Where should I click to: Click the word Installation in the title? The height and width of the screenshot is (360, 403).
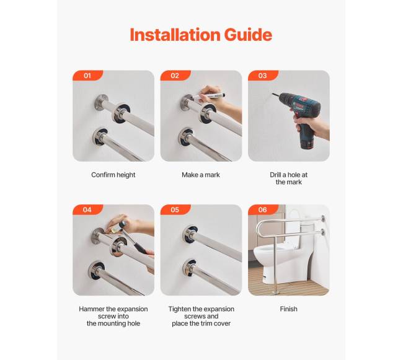pos(175,35)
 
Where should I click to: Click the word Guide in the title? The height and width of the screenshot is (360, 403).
pos(248,35)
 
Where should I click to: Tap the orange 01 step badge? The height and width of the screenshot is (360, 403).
pos(88,76)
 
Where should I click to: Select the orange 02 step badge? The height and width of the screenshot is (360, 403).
pos(175,76)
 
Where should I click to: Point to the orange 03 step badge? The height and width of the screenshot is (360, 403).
pos(263,76)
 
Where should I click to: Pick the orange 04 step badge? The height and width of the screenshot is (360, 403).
pos(88,210)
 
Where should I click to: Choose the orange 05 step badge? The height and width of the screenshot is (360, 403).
pos(175,210)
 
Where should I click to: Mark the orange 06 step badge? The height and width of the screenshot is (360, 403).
pos(263,210)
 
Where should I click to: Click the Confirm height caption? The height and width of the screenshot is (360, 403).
pos(113,175)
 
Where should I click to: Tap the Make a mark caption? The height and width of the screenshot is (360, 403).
pos(201,175)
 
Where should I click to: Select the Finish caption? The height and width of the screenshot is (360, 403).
pos(289,309)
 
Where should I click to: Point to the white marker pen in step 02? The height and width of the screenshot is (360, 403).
pos(209,97)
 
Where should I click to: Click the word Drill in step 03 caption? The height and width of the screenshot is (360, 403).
pos(275,175)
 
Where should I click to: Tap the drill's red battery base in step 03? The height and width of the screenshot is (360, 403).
pos(307,144)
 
